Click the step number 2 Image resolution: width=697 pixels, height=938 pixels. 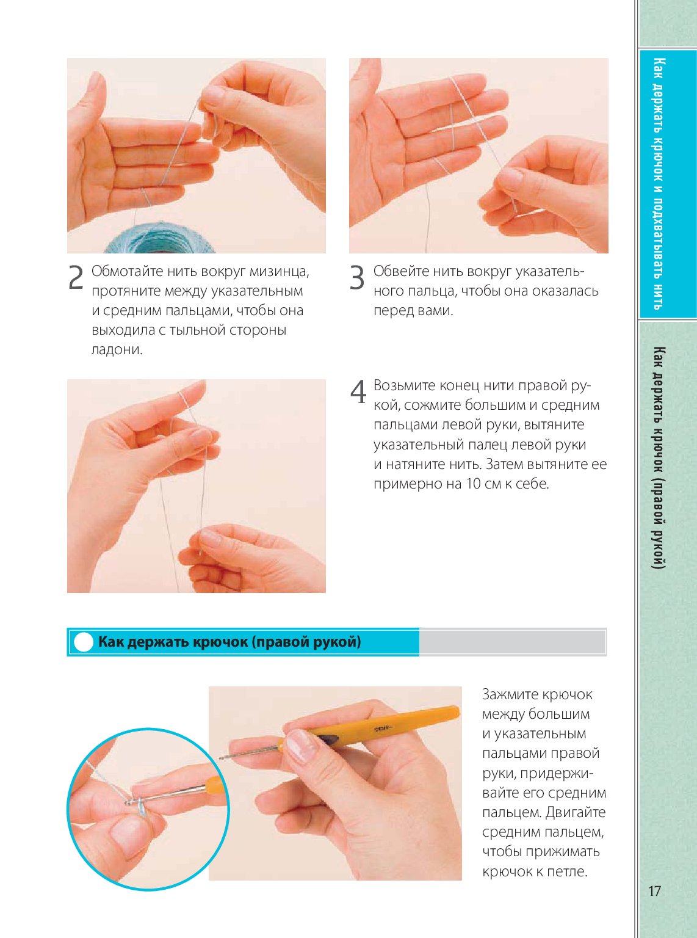point(76,277)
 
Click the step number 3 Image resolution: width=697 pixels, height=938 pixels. point(357,277)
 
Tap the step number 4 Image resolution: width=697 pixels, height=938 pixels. point(358,391)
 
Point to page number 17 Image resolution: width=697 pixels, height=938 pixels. point(654,891)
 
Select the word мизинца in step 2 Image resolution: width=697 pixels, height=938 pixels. point(279,272)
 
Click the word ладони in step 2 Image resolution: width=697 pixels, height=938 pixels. point(117,350)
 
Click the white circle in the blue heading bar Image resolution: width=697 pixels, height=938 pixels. point(83,642)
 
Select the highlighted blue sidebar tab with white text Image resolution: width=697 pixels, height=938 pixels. point(667,184)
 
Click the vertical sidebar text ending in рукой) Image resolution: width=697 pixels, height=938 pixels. point(659,457)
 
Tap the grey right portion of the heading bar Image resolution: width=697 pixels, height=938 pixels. point(512,642)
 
